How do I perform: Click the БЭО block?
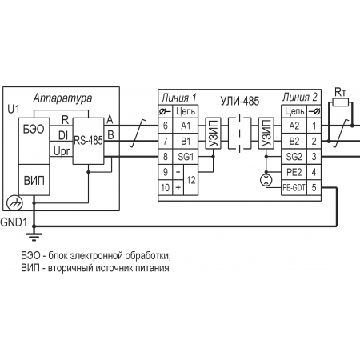tap(34, 141)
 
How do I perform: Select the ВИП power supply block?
tap(34, 180)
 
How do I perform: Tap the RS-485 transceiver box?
tap(88, 141)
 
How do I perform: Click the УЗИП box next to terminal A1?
tap(213, 133)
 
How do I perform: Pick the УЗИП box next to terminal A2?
tap(266, 133)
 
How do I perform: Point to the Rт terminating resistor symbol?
tap(340, 102)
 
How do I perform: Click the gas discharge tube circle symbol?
tap(266, 180)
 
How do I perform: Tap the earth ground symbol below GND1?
tap(34, 237)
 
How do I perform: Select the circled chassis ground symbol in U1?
tap(14, 203)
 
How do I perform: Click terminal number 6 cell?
tap(166, 126)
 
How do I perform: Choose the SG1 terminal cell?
tap(186, 157)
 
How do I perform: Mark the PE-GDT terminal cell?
tap(294, 188)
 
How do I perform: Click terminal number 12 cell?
tap(191, 180)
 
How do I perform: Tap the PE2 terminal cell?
tap(294, 172)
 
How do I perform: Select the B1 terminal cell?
tap(186, 141)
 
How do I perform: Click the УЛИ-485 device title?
tap(240, 101)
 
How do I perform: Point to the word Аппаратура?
tap(62, 98)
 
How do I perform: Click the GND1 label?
tap(14, 222)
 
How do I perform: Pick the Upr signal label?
tap(62, 151)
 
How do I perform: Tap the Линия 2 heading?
tap(300, 98)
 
